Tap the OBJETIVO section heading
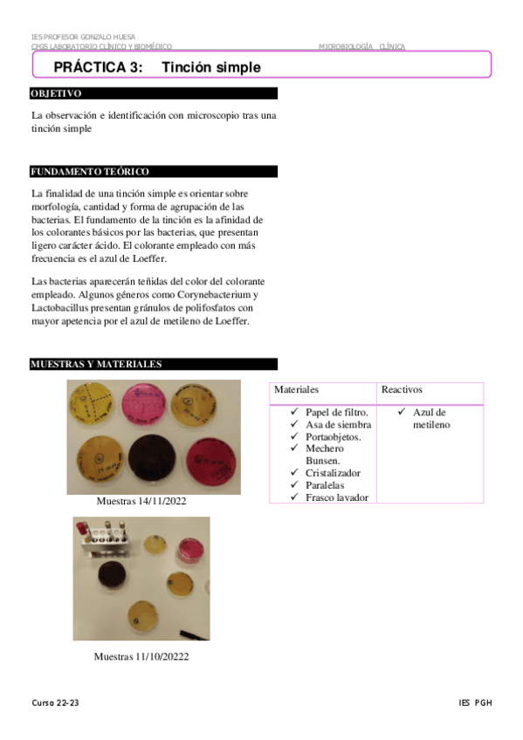click(57, 93)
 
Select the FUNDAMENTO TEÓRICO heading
click(90, 172)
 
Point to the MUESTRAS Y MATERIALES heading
click(96, 364)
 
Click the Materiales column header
click(297, 389)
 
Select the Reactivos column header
click(402, 389)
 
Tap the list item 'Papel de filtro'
click(337, 412)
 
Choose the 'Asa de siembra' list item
click(337, 424)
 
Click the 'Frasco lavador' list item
click(337, 497)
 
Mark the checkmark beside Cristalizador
click(296, 473)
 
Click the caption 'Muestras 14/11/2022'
click(141, 502)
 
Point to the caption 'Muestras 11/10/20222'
click(141, 656)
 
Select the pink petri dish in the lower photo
click(189, 550)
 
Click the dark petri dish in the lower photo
click(112, 578)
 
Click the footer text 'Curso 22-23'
click(56, 703)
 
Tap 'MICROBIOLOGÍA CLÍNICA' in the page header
click(361, 46)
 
